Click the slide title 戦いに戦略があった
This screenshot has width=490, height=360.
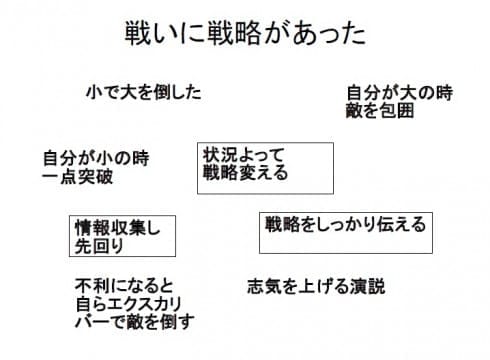click(x=245, y=33)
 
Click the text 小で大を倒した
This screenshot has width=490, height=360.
click(x=144, y=92)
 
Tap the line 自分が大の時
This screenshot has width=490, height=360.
click(x=399, y=92)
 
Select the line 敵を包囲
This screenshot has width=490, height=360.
click(x=379, y=110)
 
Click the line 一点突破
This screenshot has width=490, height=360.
click(x=77, y=177)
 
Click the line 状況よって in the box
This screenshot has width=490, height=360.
click(x=244, y=154)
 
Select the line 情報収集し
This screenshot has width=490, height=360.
click(x=118, y=227)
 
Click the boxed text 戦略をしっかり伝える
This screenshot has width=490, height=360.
click(x=344, y=222)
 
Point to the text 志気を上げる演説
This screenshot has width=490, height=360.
click(x=315, y=285)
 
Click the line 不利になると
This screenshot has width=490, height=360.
click(x=123, y=283)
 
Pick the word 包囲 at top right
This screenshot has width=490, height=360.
click(x=397, y=110)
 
